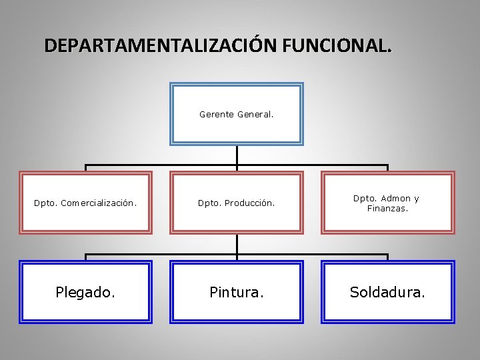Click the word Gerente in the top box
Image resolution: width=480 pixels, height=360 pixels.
pyautogui.click(x=216, y=115)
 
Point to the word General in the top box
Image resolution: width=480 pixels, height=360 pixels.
pyautogui.click(x=255, y=115)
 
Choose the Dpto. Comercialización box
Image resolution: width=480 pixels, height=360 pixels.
pyautogui.click(x=85, y=217)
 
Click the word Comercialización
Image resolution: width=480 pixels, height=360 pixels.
pyautogui.click(x=99, y=203)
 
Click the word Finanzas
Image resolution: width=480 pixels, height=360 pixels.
pyautogui.click(x=387, y=209)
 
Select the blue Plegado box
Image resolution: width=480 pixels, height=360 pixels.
pyautogui.click(x=85, y=307)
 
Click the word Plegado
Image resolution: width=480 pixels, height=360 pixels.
pyautogui.click(x=85, y=292)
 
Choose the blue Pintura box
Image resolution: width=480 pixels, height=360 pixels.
pyautogui.click(x=237, y=307)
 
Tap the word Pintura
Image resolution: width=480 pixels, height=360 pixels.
pyautogui.click(x=237, y=292)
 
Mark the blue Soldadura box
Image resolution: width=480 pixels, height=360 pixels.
pyautogui.click(x=387, y=307)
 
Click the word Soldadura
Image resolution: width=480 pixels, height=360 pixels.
pyautogui.click(x=387, y=292)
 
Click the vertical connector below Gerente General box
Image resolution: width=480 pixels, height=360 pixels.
pyautogui.click(x=237, y=155)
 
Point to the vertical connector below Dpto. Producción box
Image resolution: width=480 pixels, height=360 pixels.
pyautogui.click(x=237, y=244)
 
